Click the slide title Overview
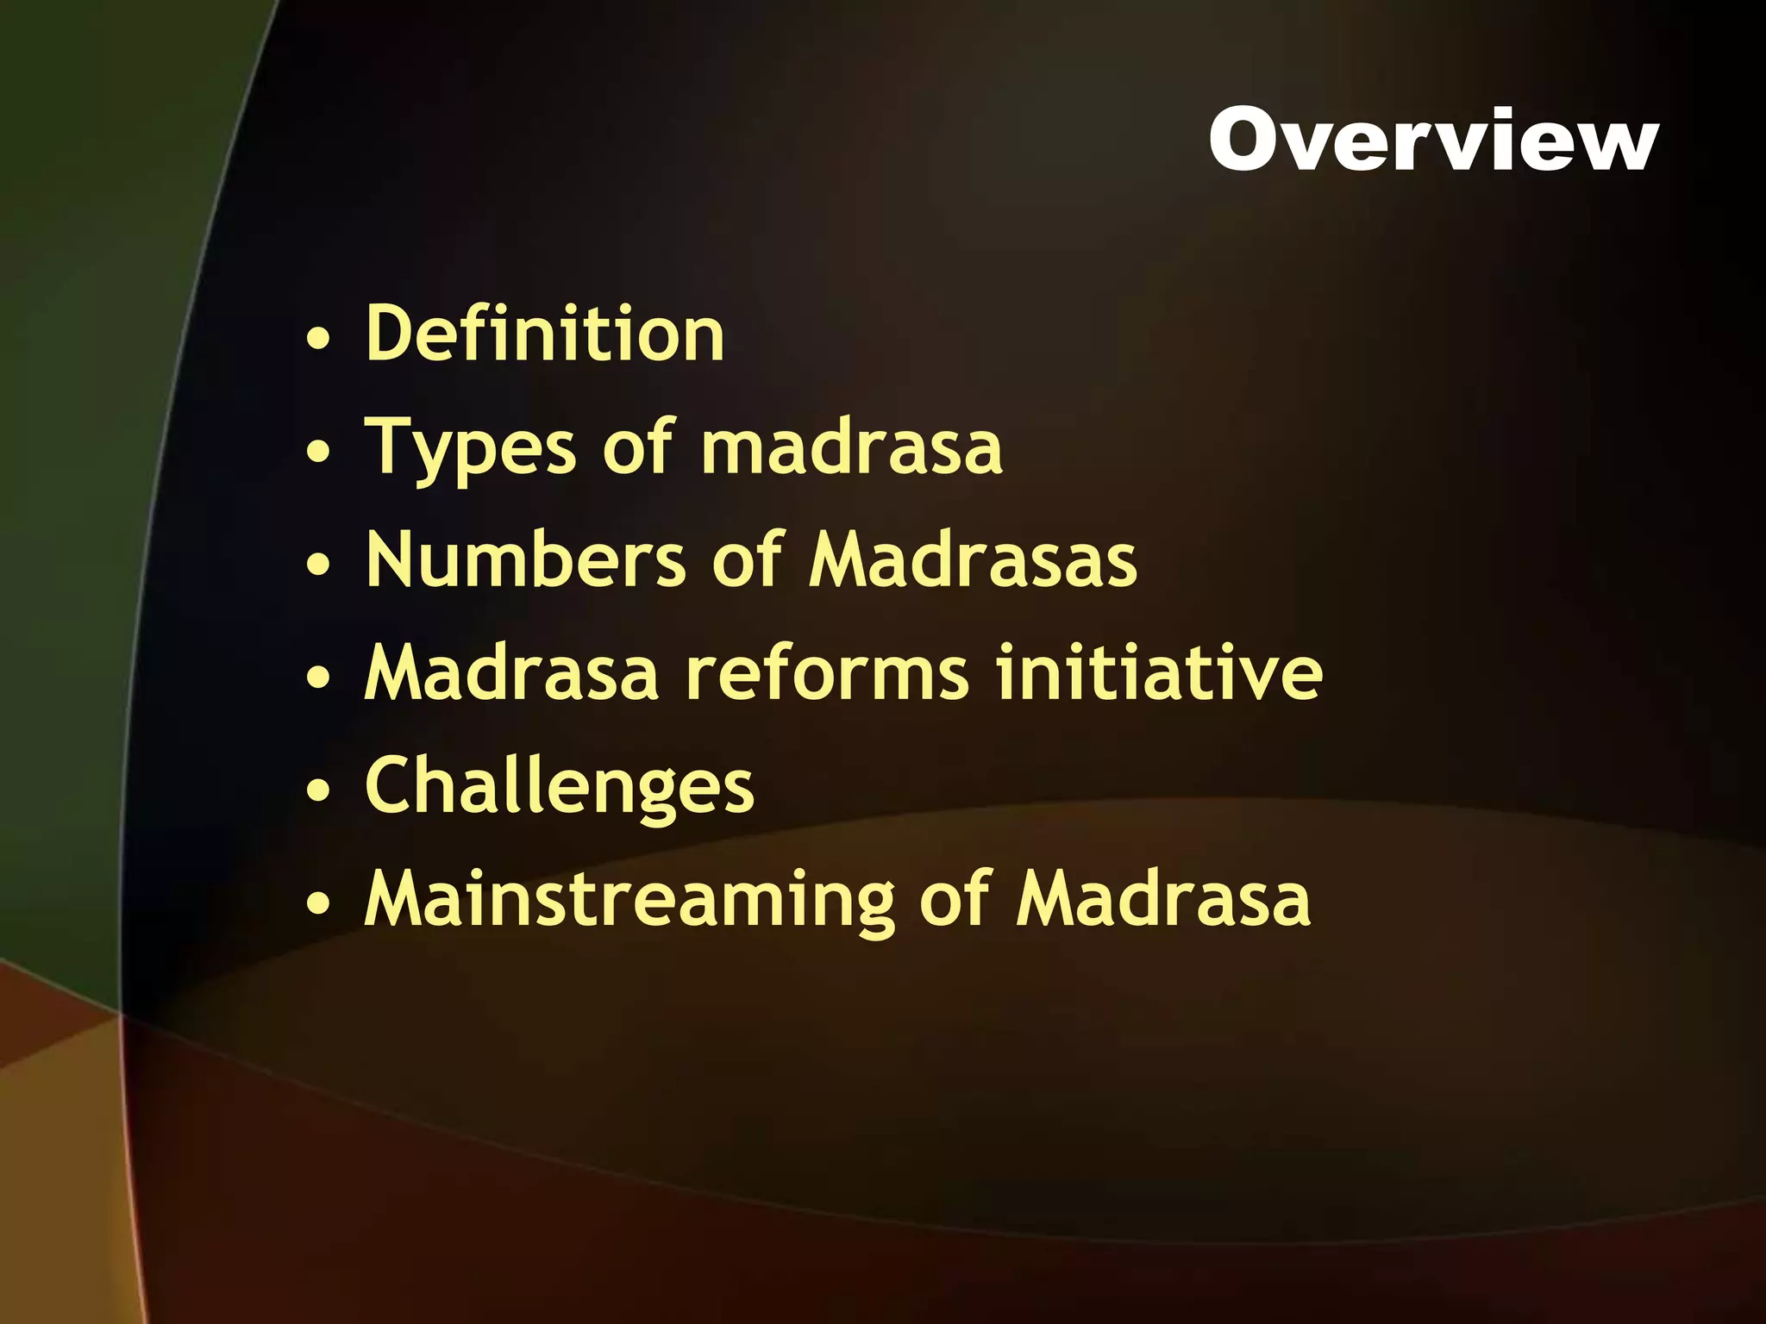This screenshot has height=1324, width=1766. click(x=1432, y=140)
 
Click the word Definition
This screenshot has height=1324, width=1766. click(x=545, y=334)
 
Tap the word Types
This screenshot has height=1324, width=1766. click(x=470, y=448)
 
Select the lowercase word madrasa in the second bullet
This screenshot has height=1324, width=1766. click(x=852, y=448)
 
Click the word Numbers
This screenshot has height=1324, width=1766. click(x=526, y=561)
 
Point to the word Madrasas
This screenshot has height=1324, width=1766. click(x=973, y=561)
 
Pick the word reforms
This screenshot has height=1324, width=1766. click(x=827, y=673)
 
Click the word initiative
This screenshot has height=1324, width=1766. click(x=1159, y=673)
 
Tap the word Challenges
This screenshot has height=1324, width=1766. click(x=560, y=787)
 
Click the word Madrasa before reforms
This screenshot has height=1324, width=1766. click(x=511, y=673)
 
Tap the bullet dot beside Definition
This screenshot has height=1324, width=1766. click(x=318, y=338)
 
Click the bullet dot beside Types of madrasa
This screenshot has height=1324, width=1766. click(x=318, y=452)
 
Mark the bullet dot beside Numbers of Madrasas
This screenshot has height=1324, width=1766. click(x=318, y=565)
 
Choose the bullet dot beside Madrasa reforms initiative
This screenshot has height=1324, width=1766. click(x=318, y=678)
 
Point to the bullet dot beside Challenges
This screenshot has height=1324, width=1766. click(x=318, y=790)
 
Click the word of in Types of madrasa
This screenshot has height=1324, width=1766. click(x=637, y=448)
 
